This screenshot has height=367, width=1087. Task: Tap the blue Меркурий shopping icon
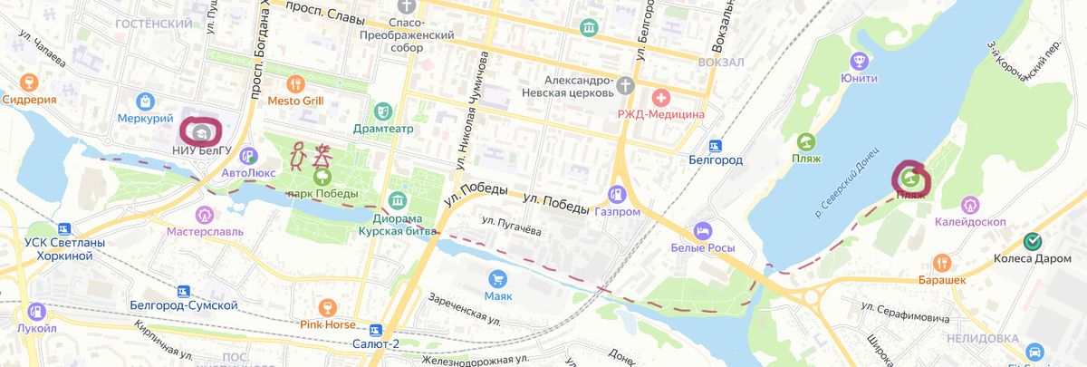click(x=144, y=101)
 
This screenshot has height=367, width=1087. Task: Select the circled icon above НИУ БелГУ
click(x=202, y=132)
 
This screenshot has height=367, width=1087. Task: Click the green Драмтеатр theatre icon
click(x=384, y=111)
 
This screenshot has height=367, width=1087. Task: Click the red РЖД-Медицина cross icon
click(x=660, y=96)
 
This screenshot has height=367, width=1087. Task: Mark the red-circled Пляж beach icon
click(x=909, y=178)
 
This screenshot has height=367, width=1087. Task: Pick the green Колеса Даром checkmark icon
click(x=1032, y=241)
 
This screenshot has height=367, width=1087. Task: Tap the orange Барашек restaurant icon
click(x=943, y=262)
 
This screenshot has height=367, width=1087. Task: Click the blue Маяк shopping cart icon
click(x=496, y=277)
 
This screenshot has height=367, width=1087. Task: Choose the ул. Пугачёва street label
click(x=511, y=227)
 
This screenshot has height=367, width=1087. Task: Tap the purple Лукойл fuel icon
click(x=36, y=311)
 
